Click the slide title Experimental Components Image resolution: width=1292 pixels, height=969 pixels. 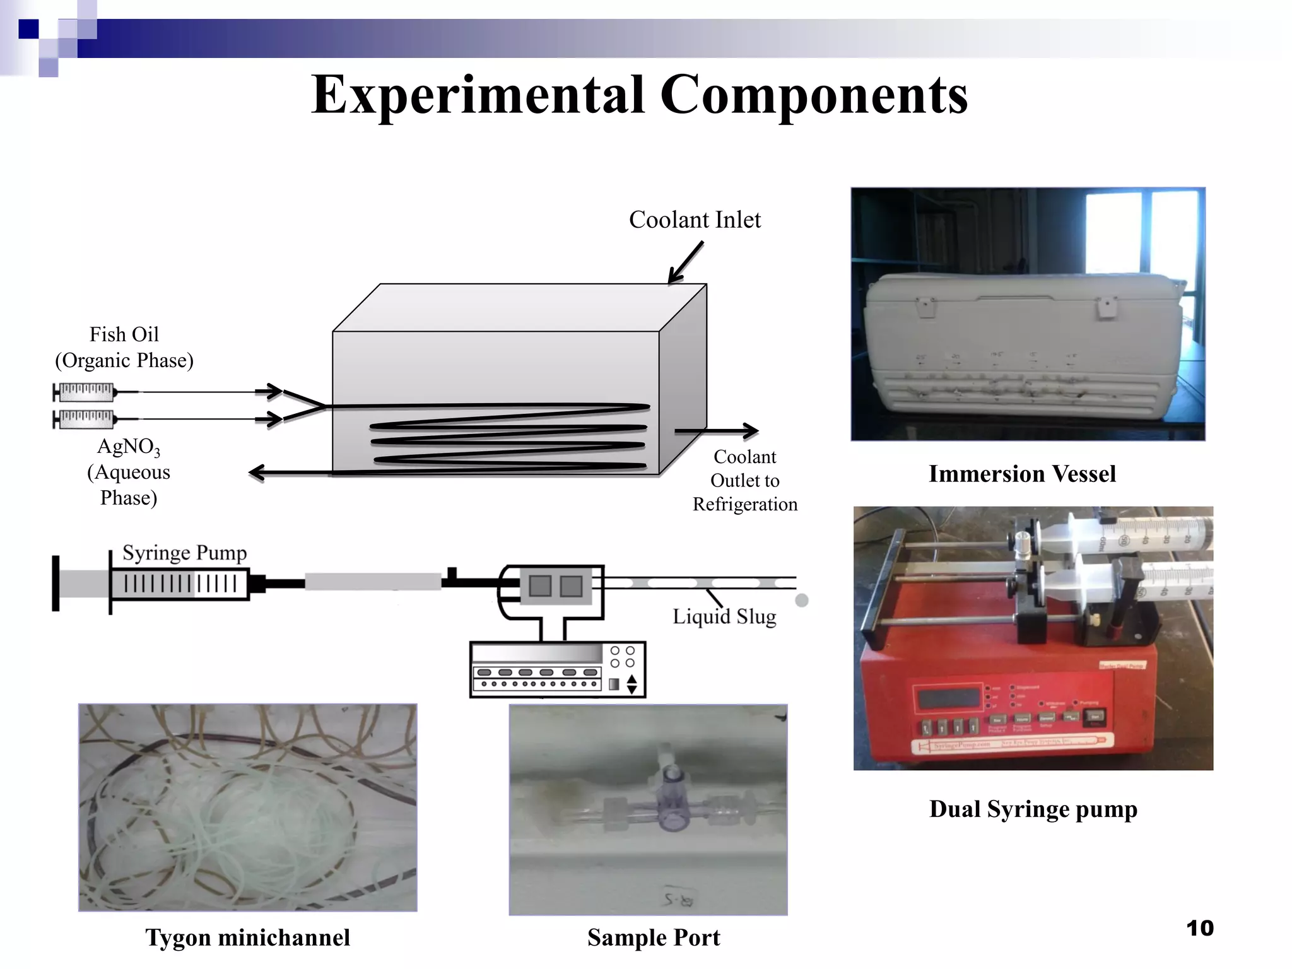pos(639,95)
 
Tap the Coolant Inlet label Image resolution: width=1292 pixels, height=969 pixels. pos(695,220)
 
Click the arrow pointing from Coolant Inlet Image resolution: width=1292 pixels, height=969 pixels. pos(685,263)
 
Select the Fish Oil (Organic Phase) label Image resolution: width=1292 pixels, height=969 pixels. pos(124,347)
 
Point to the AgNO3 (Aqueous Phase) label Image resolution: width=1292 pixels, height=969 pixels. pos(129,472)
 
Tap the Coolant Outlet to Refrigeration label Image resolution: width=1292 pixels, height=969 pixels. pos(745,480)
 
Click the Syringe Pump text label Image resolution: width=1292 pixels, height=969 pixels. pos(184,553)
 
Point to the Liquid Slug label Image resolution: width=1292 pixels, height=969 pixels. pos(724,616)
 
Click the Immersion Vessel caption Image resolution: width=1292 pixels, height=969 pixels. pos(1022,474)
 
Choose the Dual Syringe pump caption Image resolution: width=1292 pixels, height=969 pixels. pos(1033,809)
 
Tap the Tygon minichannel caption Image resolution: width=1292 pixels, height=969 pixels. pos(247,937)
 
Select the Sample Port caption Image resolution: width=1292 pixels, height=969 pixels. pos(654,937)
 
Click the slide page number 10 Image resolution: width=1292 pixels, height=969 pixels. pos(1199,928)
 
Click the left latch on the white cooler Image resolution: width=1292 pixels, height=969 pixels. pos(925,308)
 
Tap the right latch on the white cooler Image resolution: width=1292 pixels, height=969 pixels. pos(1107,308)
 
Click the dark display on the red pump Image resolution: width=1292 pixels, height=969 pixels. pos(949,698)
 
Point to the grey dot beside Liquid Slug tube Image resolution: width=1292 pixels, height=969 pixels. pos(802,601)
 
